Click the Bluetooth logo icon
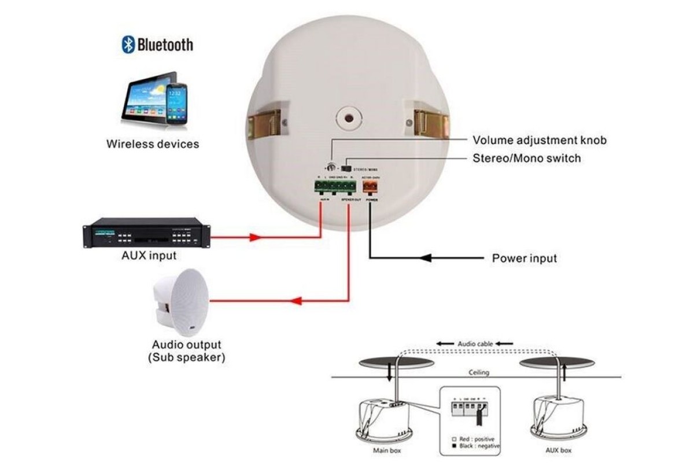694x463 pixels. tap(128, 45)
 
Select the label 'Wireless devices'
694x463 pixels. tap(153, 144)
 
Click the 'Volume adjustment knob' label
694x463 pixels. tap(540, 140)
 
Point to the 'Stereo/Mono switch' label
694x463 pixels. tap(527, 157)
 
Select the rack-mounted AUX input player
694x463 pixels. tap(146, 233)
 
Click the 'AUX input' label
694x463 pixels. tap(149, 255)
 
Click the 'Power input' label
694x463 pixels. tap(524, 258)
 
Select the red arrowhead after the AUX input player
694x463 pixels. tap(255, 237)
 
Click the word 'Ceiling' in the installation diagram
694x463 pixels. tap(478, 373)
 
